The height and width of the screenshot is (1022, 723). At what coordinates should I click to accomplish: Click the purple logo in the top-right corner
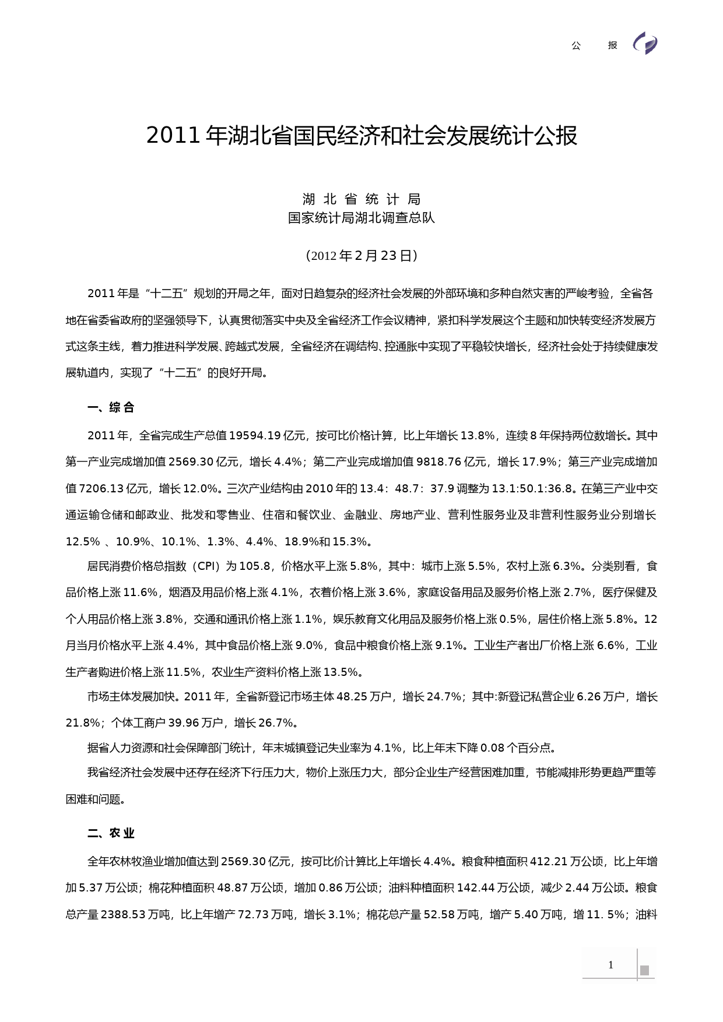click(645, 44)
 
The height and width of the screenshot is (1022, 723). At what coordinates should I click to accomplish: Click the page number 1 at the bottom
click(610, 965)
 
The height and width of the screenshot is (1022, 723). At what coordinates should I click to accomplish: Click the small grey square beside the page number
click(644, 970)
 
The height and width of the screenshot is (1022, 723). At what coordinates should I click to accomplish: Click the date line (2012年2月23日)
click(361, 256)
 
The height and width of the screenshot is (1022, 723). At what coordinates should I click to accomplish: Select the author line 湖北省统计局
click(361, 199)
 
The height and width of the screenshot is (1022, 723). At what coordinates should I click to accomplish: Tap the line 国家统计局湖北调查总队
click(361, 218)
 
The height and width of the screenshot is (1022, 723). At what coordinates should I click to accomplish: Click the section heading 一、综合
click(111, 408)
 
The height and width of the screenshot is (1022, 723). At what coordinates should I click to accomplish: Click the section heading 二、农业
click(111, 834)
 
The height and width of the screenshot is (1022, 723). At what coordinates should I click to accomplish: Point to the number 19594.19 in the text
click(255, 436)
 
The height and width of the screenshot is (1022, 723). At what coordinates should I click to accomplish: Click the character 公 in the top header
click(576, 45)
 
